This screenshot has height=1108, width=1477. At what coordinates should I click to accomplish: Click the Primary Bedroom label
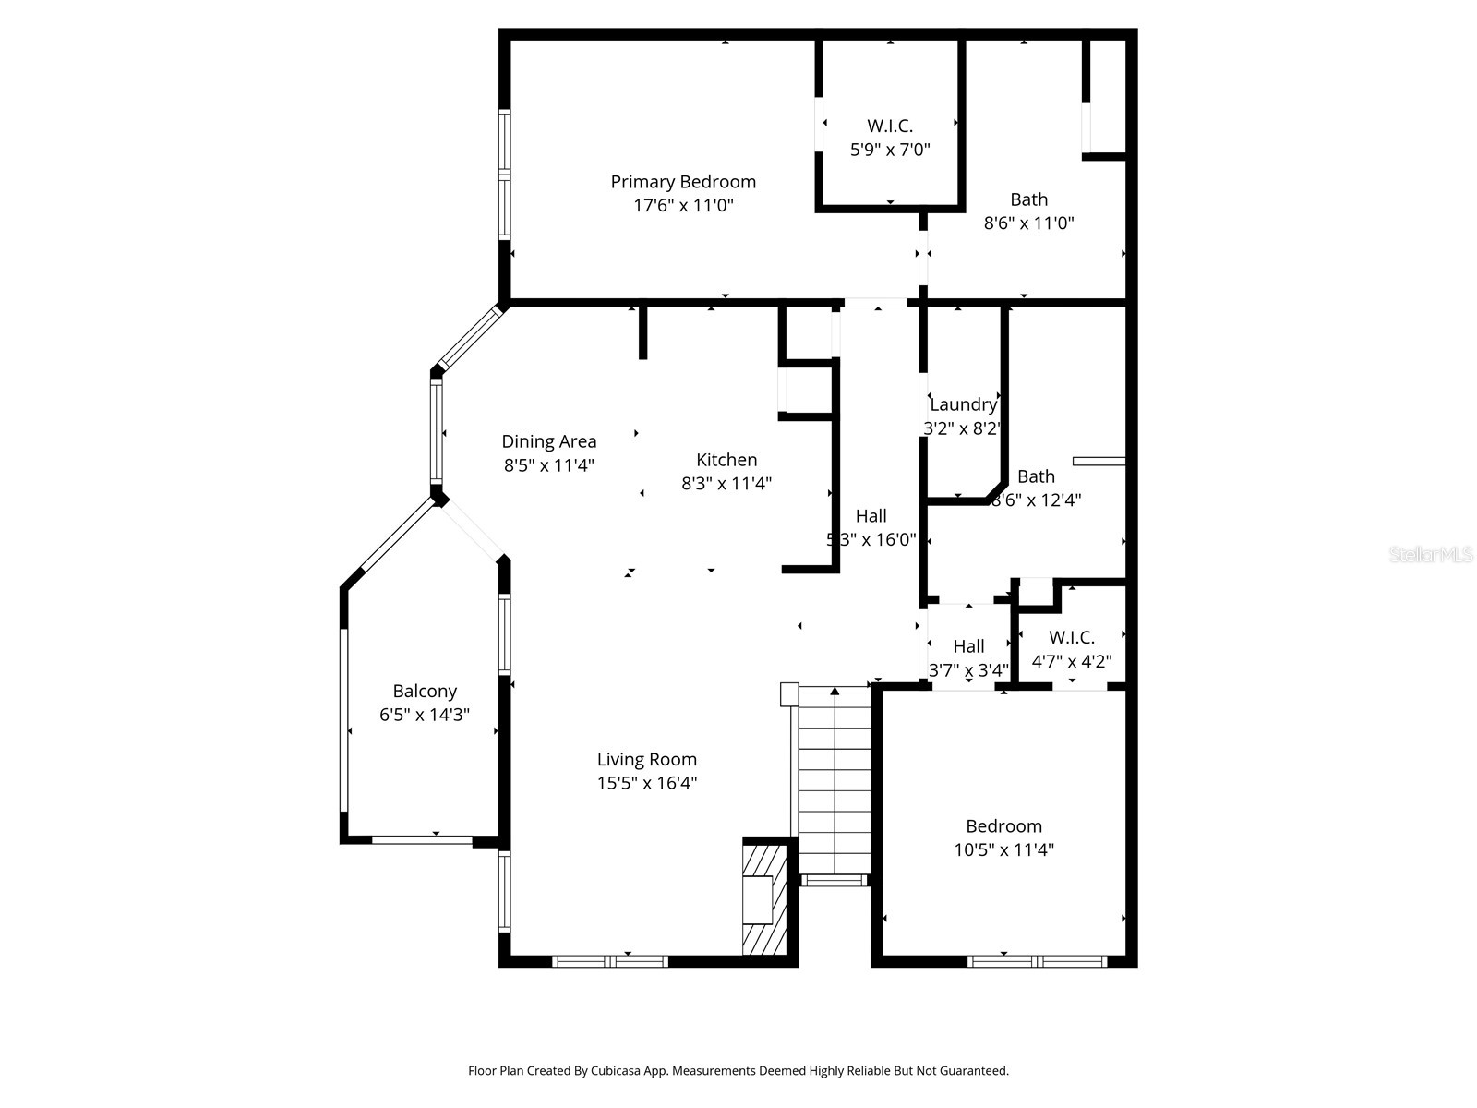[683, 182]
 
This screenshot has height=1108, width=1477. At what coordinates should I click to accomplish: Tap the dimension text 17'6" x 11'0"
[683, 205]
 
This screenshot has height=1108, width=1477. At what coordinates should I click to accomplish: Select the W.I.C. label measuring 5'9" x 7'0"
[890, 126]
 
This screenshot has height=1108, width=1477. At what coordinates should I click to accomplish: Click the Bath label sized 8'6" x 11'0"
[1028, 199]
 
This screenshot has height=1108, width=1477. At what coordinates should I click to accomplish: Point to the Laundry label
[963, 404]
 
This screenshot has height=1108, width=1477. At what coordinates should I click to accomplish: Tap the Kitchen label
[726, 460]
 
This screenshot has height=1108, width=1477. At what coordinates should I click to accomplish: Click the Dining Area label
[549, 441]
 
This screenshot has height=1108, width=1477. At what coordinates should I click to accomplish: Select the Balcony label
[425, 692]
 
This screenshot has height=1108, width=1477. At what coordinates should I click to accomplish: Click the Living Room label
[646, 760]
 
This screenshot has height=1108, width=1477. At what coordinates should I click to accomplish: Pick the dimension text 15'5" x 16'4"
[646, 783]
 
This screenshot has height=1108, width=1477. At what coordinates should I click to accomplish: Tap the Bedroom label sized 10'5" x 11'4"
[1003, 826]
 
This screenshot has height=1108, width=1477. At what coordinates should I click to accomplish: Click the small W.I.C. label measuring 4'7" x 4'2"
[1072, 638]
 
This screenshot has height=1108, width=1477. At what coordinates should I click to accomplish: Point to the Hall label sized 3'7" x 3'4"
[968, 646]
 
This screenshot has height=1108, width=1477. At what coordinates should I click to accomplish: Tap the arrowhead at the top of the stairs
[835, 691]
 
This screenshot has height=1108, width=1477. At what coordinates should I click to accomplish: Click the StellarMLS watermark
[1431, 554]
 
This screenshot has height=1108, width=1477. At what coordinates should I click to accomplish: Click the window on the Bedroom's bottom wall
[1037, 961]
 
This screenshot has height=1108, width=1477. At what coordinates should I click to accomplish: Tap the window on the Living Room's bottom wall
[609, 961]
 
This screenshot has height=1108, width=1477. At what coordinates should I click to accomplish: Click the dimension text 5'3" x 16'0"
[871, 539]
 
